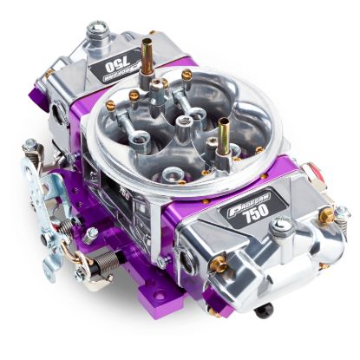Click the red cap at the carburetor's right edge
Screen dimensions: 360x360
click(344, 210)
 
